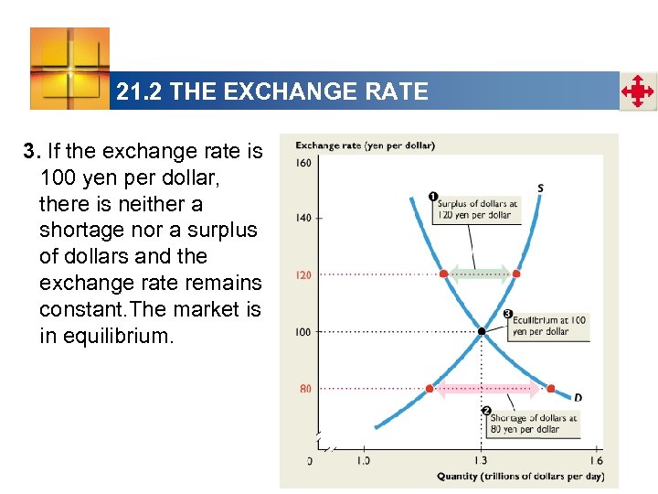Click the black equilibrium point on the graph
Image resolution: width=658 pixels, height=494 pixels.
[481, 331]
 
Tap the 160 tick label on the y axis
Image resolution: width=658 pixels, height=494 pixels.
[303, 164]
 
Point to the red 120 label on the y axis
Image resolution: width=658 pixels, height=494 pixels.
[303, 274]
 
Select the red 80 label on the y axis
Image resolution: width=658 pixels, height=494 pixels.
[305, 389]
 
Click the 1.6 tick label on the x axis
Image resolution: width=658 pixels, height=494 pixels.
[596, 460]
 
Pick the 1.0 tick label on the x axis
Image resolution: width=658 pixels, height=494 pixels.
[363, 460]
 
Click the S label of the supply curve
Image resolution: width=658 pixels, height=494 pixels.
[540, 188]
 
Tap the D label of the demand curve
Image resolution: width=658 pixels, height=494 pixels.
[578, 398]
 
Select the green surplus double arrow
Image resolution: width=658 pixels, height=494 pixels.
[480, 273]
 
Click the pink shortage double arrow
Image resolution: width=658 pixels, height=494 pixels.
[491, 389]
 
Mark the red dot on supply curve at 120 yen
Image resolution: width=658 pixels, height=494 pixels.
[516, 274]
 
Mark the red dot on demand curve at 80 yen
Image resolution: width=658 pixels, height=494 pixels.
[550, 389]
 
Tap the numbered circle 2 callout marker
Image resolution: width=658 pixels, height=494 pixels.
[486, 410]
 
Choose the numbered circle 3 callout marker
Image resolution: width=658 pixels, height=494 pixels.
[508, 314]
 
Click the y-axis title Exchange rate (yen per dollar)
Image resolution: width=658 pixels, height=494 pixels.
[365, 145]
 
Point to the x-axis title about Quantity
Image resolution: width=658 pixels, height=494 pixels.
[520, 476]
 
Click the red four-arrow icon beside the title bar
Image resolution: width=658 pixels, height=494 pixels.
[637, 91]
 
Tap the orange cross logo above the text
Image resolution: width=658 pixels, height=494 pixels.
[69, 68]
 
